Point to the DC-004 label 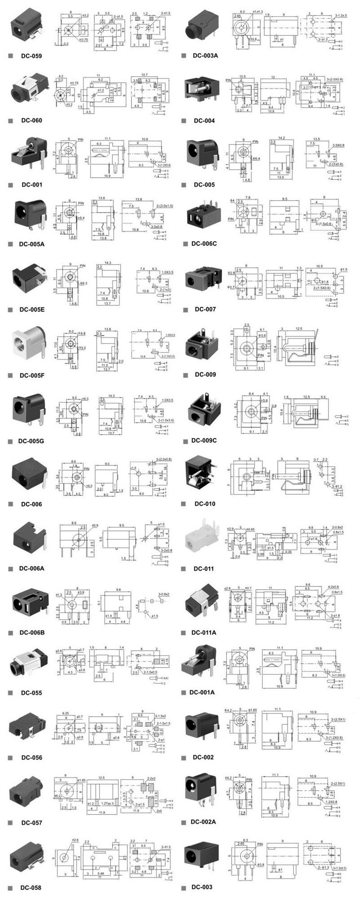(x=204, y=121)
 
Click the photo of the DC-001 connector (x=29, y=155)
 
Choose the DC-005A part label (x=32, y=245)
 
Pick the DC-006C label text (x=204, y=244)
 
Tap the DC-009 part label (x=205, y=375)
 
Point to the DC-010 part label (x=205, y=503)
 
